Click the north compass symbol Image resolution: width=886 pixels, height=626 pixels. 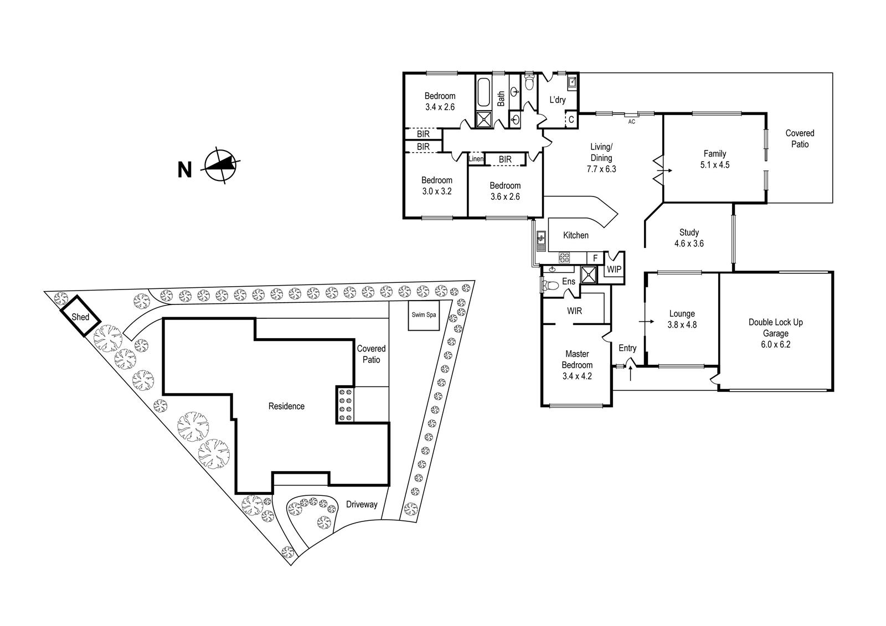coord(223,165)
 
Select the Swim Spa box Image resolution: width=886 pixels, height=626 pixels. coord(424,315)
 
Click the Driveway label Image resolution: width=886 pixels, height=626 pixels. coord(362,504)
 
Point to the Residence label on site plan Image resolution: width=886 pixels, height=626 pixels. coord(286,406)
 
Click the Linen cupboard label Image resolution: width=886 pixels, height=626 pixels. coord(476,159)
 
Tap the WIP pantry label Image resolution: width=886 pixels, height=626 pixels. coord(614,270)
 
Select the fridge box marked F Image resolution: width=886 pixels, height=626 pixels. coord(595,258)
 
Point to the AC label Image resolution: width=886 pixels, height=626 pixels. coord(631,121)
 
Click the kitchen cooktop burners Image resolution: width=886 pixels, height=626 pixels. coord(564,257)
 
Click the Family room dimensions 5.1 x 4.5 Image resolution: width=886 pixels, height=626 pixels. coord(714,164)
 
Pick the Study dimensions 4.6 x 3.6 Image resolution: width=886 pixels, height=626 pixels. coord(689,243)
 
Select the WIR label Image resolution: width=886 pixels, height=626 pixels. coord(574,311)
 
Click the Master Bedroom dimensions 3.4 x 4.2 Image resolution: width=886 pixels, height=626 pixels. coord(577,376)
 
